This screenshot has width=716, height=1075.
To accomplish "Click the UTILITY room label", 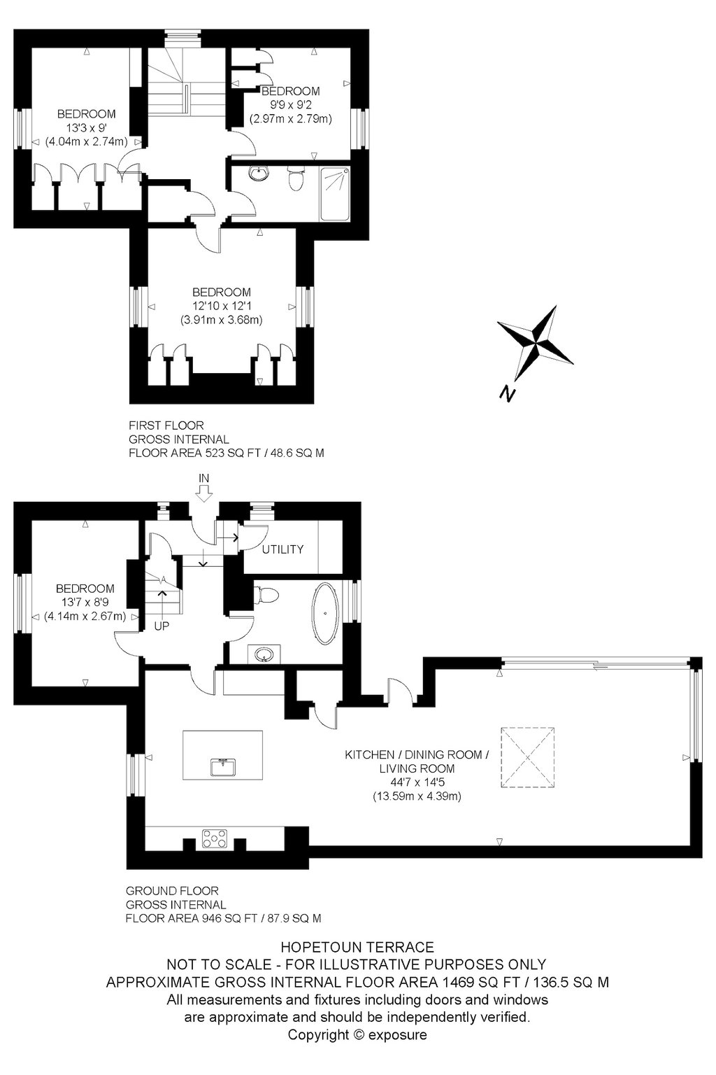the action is pos(282,549).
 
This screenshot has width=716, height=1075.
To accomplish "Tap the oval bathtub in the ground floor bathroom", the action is pos(326,614).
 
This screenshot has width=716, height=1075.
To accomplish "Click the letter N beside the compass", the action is pos(507,393).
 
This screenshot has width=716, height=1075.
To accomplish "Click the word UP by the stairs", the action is pos(162,626).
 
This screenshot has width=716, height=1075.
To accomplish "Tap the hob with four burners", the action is pos(215,838).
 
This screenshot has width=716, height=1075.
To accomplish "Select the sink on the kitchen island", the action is pos(222,767).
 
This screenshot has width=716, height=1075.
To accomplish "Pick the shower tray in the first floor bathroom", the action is pos(335,193).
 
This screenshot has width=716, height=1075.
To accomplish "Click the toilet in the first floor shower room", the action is pos(295,178).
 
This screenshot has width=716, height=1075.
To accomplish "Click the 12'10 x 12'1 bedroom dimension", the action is pos(222,306).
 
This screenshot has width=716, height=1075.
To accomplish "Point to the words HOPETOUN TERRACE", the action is pos(357,947).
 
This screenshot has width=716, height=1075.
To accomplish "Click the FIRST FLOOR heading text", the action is pos(166,426).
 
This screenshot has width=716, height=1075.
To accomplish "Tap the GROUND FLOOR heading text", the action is pos(172,891).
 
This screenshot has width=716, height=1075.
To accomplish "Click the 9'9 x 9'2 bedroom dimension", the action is pos(290,104).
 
